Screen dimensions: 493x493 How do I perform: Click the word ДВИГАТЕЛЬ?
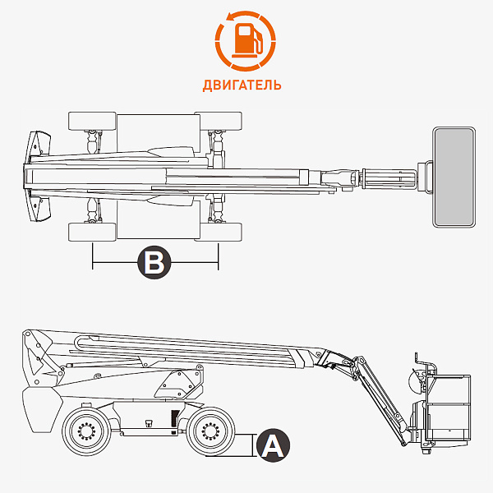[242, 85]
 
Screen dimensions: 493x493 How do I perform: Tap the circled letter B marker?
[154, 263]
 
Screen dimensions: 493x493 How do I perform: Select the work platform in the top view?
[454, 177]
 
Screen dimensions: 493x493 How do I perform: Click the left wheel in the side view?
[86, 430]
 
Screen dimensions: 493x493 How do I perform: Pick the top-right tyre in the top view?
[219, 121]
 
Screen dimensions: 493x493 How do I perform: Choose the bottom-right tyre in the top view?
[219, 232]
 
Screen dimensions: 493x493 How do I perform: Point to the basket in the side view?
[448, 411]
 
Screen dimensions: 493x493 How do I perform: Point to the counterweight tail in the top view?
[37, 176]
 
